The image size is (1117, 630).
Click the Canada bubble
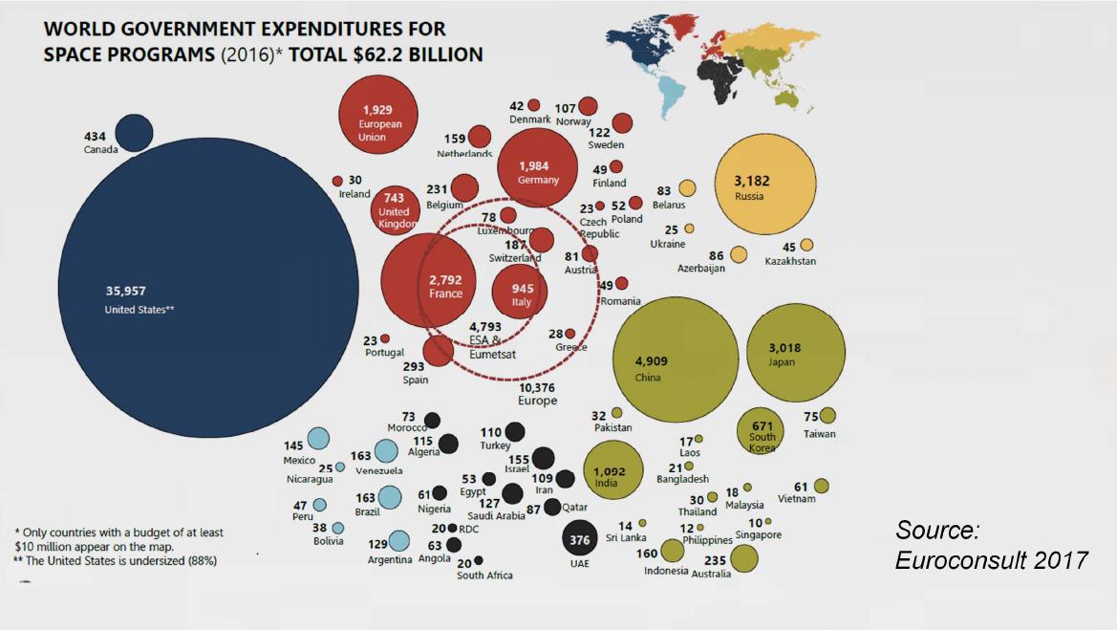134,133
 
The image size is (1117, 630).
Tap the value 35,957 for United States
124,290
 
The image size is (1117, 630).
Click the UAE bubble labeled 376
580,539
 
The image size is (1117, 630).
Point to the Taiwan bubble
827,416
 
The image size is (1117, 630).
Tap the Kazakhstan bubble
806,245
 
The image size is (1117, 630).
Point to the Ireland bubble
337,181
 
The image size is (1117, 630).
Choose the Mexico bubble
318,439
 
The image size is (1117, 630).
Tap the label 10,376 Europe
537,394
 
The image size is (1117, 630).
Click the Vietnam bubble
821,486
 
